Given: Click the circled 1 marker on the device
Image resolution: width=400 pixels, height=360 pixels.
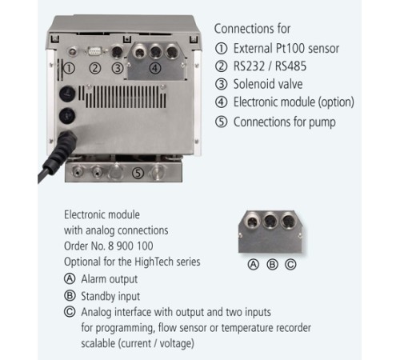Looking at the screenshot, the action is (x=70, y=69).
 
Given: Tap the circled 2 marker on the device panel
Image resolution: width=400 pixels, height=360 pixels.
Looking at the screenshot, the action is (x=95, y=69).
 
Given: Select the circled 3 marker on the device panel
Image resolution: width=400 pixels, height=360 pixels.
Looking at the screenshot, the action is (x=118, y=69).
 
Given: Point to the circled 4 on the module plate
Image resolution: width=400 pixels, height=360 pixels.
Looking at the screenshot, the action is (x=155, y=68).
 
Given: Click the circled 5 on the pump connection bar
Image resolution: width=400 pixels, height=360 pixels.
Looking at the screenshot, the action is (x=138, y=173).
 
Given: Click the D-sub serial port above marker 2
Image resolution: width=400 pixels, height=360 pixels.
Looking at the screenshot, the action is (x=94, y=51).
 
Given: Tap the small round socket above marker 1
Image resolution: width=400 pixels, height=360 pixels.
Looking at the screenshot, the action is (x=73, y=51).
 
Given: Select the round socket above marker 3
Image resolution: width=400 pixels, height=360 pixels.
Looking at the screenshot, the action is (x=118, y=51).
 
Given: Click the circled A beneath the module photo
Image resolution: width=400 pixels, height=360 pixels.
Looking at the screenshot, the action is (x=254, y=265).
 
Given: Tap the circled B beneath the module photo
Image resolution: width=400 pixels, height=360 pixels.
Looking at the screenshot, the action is (x=272, y=265).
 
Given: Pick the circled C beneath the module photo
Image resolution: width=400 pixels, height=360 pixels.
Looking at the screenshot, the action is (x=290, y=265).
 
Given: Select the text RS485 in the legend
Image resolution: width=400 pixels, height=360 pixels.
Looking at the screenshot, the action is (x=290, y=66).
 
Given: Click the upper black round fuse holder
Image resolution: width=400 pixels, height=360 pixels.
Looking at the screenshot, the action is (x=67, y=94).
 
